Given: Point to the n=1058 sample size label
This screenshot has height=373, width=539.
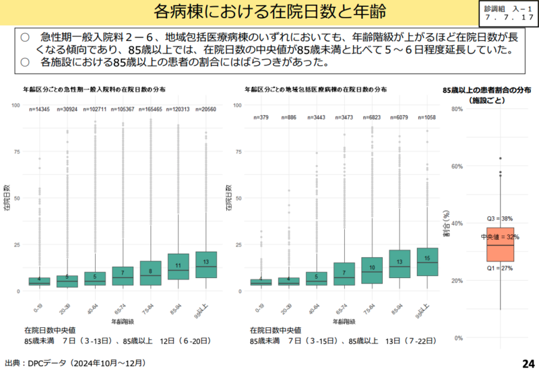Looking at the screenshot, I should pos(427,117).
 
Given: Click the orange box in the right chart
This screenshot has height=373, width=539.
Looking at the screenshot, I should pos(500,244).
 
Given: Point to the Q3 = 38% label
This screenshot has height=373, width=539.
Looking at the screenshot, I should pos(500,219).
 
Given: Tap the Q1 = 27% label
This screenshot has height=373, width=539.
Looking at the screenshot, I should pos(500,268).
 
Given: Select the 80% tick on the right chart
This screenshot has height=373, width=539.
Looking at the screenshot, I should pos(455,109).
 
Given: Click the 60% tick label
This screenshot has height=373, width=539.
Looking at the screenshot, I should pos(455,166).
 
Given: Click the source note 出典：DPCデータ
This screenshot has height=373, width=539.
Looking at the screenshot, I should pos(74,363).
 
